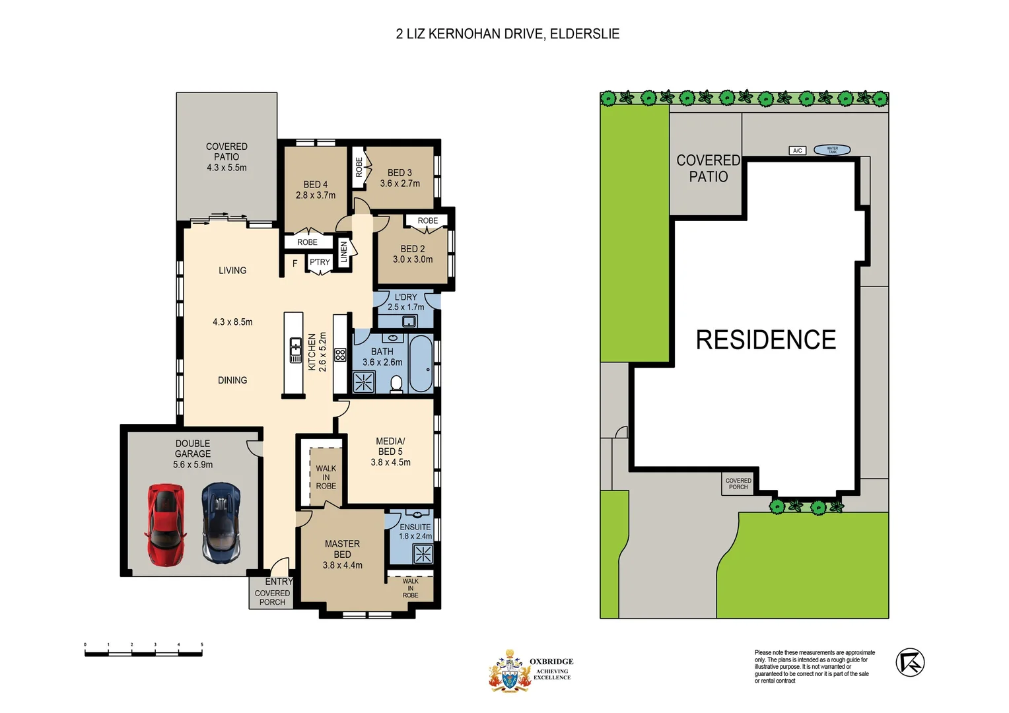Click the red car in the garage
165,524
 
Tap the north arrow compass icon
909,662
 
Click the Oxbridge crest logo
509,671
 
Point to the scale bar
143,653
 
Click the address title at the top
507,34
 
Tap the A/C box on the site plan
797,151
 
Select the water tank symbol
832,150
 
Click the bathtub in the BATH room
421,364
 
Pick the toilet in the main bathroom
396,384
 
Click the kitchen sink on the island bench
296,350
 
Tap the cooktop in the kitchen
340,355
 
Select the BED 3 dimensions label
400,184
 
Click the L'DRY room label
405,297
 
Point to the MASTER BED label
342,549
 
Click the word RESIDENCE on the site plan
765,340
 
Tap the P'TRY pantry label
320,262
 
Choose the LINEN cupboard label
343,252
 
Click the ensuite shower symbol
423,554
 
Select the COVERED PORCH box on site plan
738,484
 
